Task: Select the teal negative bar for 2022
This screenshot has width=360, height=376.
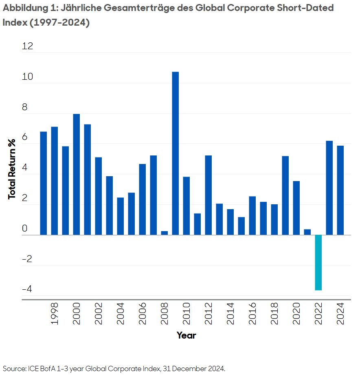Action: (318, 262)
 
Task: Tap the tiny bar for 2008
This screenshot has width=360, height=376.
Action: (165, 233)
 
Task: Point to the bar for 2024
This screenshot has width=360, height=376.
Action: (340, 190)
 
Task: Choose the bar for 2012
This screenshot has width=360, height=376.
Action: (208, 195)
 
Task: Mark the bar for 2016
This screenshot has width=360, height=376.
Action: (252, 215)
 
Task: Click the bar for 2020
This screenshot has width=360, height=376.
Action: (296, 208)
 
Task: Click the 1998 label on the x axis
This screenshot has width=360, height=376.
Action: (55, 314)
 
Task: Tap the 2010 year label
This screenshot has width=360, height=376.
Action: (187, 314)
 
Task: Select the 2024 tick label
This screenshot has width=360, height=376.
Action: (340, 314)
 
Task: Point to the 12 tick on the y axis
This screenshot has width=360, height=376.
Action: (27, 46)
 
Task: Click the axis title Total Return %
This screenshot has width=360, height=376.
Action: (12, 169)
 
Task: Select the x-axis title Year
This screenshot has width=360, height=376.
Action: (187, 335)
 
